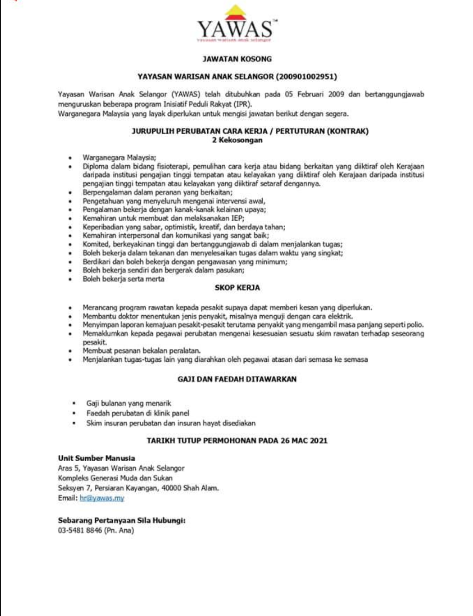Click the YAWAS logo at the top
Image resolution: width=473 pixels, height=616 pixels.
coord(236,25)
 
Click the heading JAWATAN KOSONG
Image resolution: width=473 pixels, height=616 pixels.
coord(237,59)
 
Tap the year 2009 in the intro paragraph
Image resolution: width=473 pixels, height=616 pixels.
coord(336,94)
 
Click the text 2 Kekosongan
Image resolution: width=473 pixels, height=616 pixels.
coord(237,140)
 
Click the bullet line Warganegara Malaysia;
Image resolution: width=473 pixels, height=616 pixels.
coord(119,158)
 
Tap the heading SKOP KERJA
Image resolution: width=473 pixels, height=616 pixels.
coord(237,288)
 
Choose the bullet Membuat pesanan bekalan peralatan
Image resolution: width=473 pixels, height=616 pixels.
coord(141,350)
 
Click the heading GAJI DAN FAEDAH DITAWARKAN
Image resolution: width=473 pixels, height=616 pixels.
coord(237,379)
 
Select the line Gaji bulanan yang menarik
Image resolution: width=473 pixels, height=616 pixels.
coord(129,403)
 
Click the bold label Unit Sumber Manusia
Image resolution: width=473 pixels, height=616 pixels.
coord(96,458)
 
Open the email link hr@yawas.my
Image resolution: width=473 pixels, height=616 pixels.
coord(102,498)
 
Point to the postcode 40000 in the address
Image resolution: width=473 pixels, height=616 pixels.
coord(171,488)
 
